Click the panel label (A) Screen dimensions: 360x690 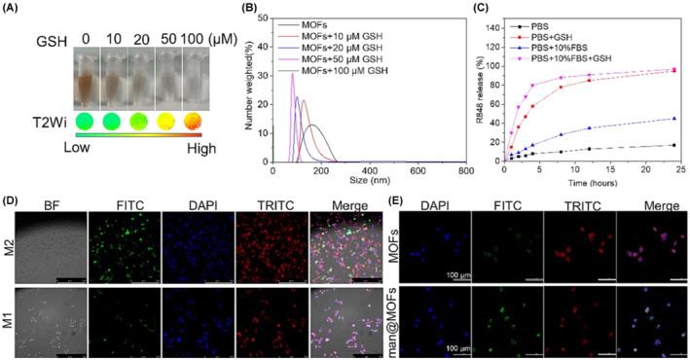point(13,8)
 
